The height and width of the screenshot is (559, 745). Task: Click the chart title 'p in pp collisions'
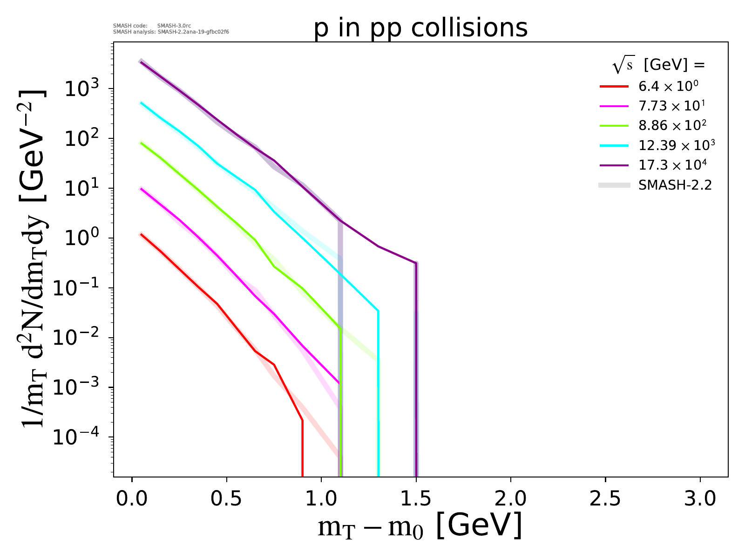click(420, 28)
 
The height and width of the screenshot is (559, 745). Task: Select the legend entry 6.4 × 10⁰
click(668, 86)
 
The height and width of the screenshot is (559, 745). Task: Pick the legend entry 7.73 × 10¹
click(671, 106)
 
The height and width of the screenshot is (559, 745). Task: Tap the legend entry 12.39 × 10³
click(676, 145)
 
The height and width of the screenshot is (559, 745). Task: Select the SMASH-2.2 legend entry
click(675, 185)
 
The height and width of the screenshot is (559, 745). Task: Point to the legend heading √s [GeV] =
click(658, 65)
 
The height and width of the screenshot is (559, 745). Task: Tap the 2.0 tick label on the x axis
click(511, 499)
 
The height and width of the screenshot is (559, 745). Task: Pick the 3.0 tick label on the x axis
click(700, 499)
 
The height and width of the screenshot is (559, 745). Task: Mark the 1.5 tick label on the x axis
click(416, 499)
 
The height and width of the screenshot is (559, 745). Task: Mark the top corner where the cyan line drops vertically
click(378, 311)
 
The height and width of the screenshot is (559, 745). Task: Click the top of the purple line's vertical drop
click(415, 263)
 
